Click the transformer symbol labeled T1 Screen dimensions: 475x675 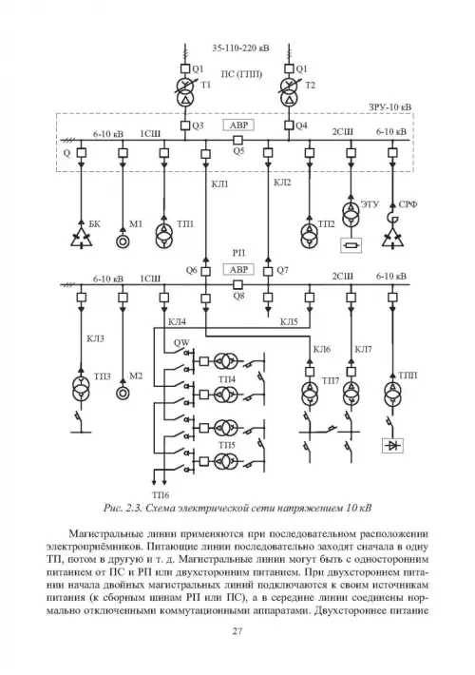[185, 91]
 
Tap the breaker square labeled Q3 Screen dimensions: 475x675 [185, 125]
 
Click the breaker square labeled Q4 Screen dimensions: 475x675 [290, 125]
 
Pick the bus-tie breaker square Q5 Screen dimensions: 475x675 [237, 140]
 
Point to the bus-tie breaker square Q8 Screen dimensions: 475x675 [237, 284]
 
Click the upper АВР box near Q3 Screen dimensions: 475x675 [238, 125]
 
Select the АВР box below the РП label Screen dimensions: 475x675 [238, 269]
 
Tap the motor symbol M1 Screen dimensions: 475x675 [123, 241]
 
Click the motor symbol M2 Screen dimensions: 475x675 [123, 393]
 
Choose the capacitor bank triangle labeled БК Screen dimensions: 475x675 [82, 237]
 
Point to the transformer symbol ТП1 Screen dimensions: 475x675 [164, 236]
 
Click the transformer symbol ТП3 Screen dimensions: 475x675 [82, 386]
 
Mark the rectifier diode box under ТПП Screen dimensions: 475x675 [392, 446]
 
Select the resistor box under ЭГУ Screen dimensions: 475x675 [351, 245]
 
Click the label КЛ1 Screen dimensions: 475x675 [219, 184]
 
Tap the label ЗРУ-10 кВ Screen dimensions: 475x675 [389, 106]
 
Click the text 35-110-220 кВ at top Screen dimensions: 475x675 [240, 48]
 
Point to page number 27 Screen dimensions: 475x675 [237, 631]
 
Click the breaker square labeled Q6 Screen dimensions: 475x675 [206, 271]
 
